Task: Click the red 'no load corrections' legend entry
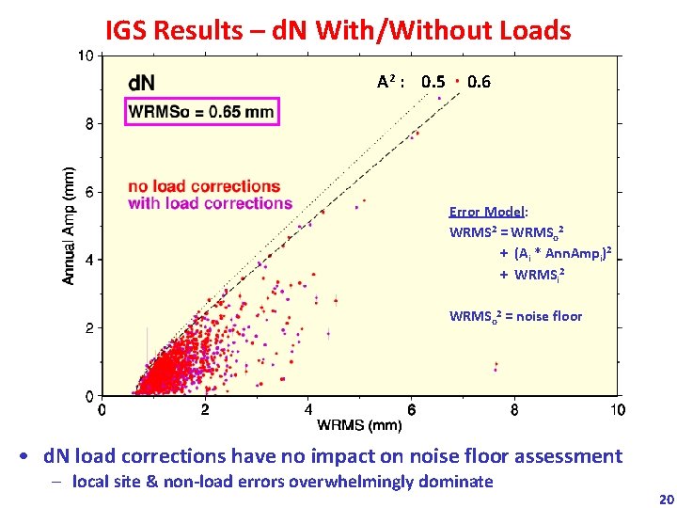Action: point(203,185)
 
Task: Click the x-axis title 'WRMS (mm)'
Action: point(359,426)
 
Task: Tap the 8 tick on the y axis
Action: point(87,123)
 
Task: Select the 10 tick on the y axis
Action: point(84,56)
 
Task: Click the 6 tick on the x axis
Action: point(411,410)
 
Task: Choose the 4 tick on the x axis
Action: point(308,410)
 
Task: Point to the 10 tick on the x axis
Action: point(617,410)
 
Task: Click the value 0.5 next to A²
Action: point(433,82)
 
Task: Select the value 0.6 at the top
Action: point(479,82)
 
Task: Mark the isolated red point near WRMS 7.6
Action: point(496,366)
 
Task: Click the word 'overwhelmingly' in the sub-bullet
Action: point(349,482)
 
